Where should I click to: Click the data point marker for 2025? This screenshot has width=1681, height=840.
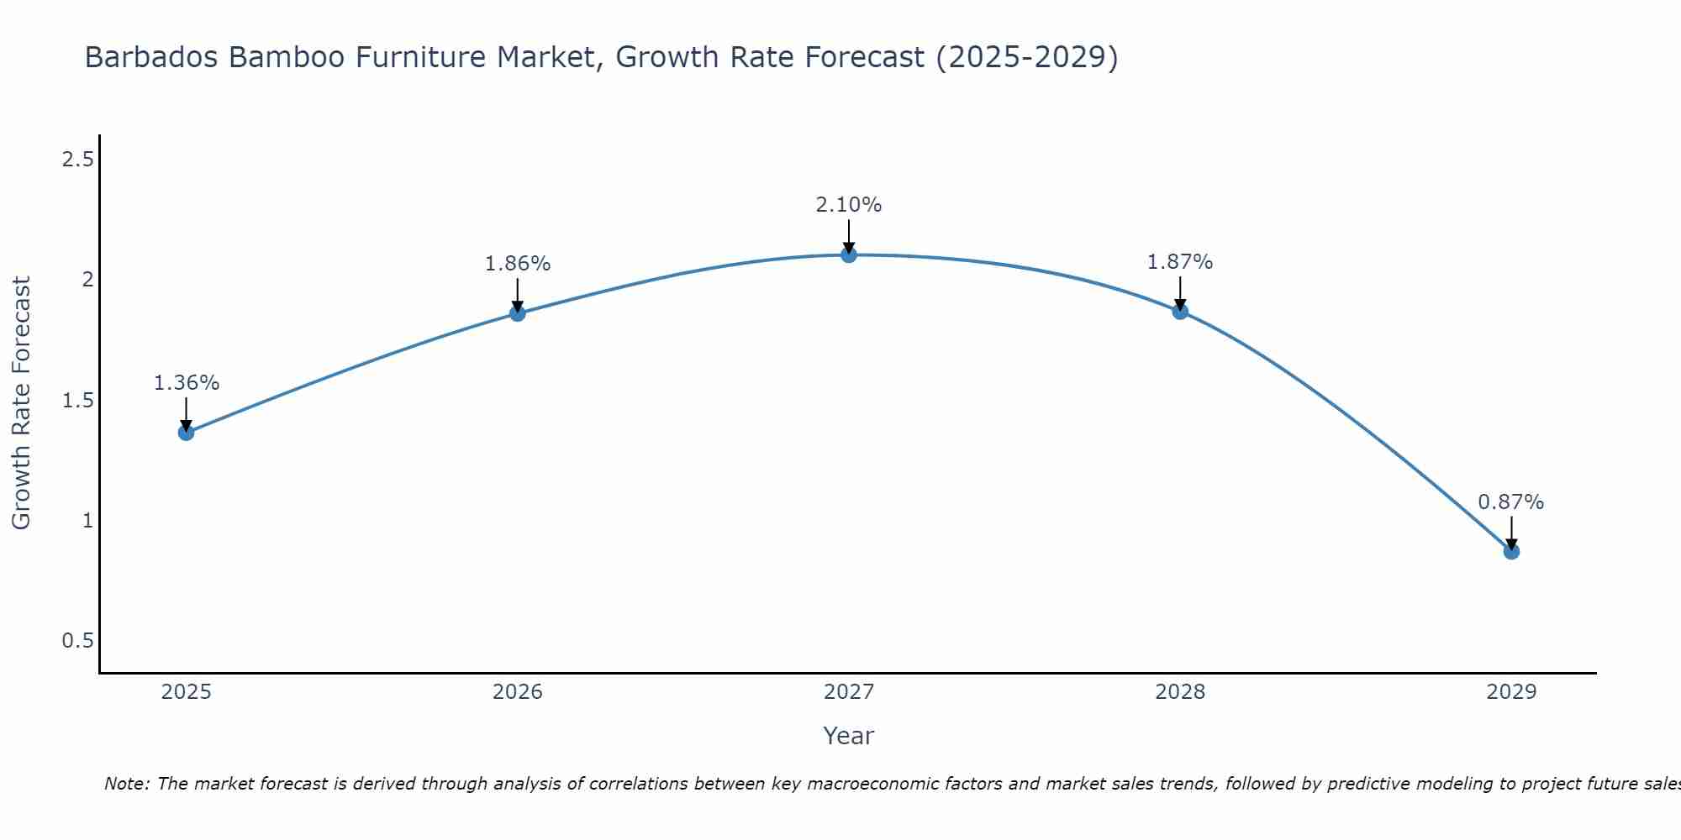coord(186,433)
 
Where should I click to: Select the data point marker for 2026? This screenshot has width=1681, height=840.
coord(518,313)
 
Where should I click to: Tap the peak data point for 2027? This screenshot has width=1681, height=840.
coord(849,255)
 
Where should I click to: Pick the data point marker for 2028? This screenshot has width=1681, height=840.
coord(1180,312)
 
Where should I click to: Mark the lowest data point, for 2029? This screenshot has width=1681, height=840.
coord(1511,552)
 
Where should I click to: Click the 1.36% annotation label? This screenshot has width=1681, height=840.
coord(186,383)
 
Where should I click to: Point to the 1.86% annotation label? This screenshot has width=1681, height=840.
coord(518,264)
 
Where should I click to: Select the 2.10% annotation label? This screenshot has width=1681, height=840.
coord(849,205)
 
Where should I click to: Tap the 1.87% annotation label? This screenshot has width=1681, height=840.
coord(1180,262)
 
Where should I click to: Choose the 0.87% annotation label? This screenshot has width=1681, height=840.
coord(1511,502)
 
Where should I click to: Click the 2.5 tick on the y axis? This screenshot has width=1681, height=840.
coord(77,159)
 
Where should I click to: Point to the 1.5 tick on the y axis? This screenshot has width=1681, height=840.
coord(77,400)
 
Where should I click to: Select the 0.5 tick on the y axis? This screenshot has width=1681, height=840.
coord(77,641)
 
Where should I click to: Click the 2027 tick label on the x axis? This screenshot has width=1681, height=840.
coord(849,692)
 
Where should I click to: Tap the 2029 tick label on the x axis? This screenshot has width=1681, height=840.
coord(1511,692)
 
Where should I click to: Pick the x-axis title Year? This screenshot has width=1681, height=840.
coord(849,736)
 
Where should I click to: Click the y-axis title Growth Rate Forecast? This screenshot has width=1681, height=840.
coord(22,403)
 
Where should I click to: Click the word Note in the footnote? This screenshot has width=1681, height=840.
coord(126,784)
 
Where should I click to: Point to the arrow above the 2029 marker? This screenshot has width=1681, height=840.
coord(1511,531)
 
